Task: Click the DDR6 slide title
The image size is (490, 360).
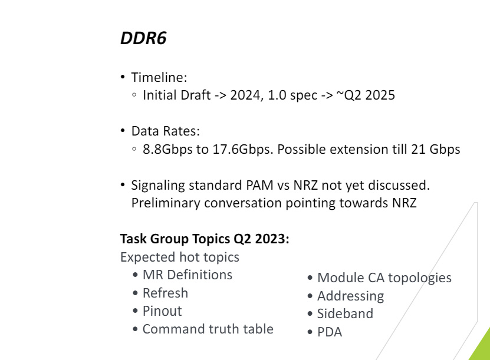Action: click(x=143, y=38)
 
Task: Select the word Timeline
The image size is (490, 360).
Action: click(x=158, y=77)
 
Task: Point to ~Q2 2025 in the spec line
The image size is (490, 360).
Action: click(x=366, y=95)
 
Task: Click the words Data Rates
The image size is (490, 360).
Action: click(x=165, y=131)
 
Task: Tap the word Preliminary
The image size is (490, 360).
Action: click(x=166, y=203)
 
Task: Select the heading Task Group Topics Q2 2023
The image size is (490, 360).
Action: click(x=205, y=239)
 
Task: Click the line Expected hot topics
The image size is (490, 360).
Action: click(x=180, y=257)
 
